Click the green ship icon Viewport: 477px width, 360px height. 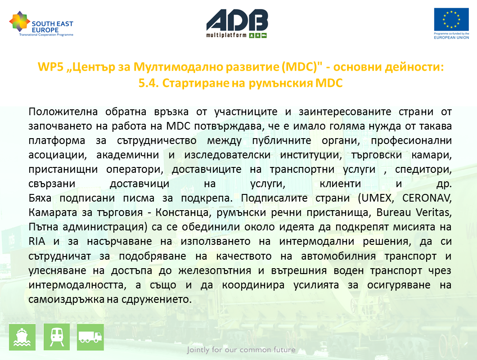click(22, 337)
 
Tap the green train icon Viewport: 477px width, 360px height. click(57, 337)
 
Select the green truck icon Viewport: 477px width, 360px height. click(90, 337)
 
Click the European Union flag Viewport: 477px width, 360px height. click(451, 19)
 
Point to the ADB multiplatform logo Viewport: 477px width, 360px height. click(237, 23)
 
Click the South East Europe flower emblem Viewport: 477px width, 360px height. click(20, 22)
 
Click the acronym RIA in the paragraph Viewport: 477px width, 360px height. click(37, 241)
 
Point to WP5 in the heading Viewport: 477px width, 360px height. click(50, 67)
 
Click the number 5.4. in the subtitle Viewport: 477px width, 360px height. click(148, 83)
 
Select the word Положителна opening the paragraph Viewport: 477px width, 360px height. click(63, 112)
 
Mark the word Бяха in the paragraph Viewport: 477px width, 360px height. click(40, 198)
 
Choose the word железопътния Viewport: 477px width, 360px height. click(215, 270)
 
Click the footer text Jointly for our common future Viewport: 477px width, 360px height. click(241, 350)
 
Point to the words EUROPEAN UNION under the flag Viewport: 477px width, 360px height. click(451, 37)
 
